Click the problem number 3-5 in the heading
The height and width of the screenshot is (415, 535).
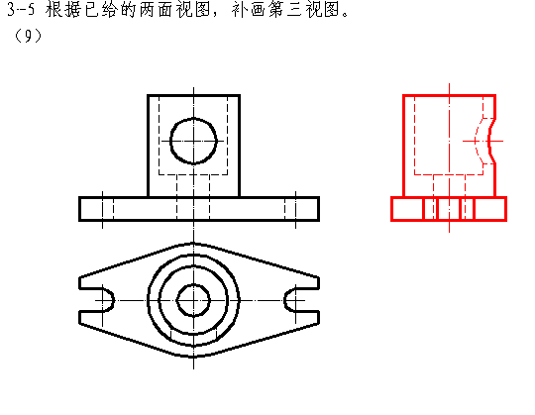click(x=21, y=9)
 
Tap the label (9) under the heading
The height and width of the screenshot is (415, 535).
click(x=28, y=36)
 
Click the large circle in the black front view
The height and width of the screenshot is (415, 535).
click(x=193, y=119)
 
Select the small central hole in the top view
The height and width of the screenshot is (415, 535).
click(x=193, y=284)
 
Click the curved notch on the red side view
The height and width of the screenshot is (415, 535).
click(x=490, y=141)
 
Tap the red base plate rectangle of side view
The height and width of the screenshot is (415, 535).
click(x=449, y=197)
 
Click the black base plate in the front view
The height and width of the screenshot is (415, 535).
click(x=199, y=197)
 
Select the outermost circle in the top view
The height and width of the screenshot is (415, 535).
click(x=193, y=256)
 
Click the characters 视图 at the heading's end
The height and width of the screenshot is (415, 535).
click(x=323, y=9)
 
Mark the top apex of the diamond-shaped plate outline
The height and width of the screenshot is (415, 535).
click(x=193, y=243)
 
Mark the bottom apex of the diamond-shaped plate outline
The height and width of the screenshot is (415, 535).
click(x=193, y=357)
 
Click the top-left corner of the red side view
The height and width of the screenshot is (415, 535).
click(x=403, y=95)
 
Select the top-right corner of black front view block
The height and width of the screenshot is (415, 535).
click(x=240, y=95)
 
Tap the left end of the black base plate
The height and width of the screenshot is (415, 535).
click(x=79, y=209)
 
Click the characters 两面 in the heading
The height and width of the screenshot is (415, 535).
click(x=156, y=9)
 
